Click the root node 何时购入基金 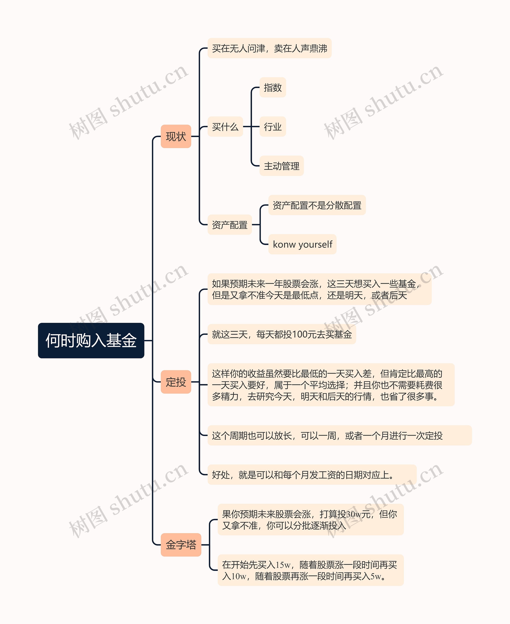pos(91,340)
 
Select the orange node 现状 pos(176,136)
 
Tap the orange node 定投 pos(176,382)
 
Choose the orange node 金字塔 pos(181,545)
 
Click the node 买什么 pos(225,126)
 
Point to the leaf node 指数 pos(273,87)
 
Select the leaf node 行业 pos(273,126)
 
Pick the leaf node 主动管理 pos(281,166)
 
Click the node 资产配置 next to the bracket pos(229,225)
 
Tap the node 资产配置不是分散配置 pos(317,205)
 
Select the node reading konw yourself pos(302,244)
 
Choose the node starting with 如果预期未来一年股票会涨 pos(319,289)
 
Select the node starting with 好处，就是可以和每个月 pos(312,475)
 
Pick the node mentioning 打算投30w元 pos(311,519)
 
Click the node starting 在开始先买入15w pos(311,570)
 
